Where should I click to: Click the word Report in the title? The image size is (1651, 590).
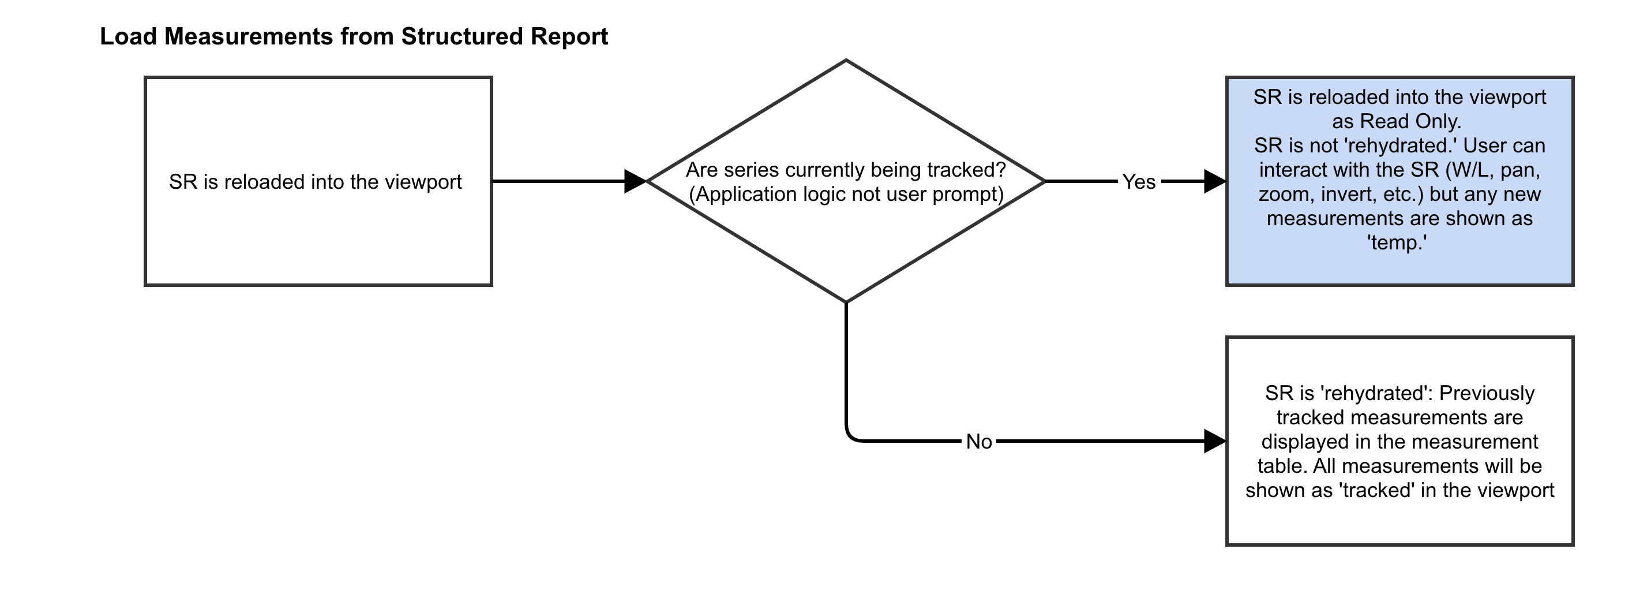click(x=569, y=36)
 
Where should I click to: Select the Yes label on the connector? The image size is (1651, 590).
click(x=1138, y=182)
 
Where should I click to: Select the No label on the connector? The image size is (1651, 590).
click(x=979, y=442)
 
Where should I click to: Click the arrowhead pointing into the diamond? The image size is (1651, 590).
click(x=635, y=181)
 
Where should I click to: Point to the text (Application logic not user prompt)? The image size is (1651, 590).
click(x=846, y=195)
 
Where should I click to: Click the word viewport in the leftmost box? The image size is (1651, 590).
click(x=423, y=182)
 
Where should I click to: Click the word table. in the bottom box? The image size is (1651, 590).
click(x=1282, y=466)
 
